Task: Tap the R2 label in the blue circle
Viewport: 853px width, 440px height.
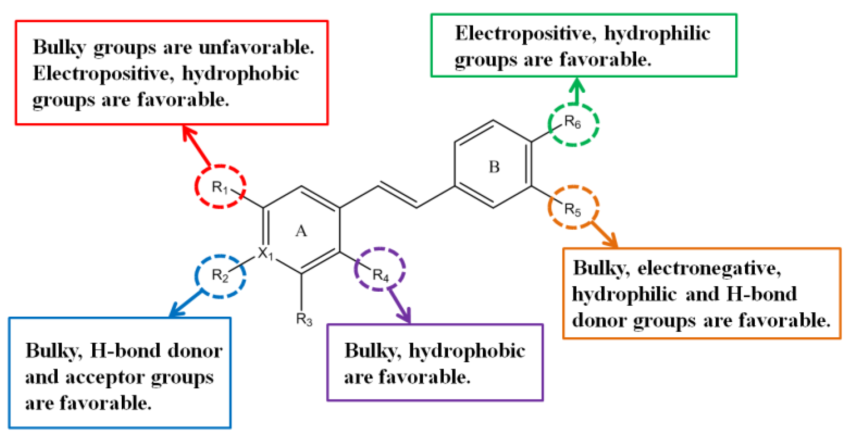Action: point(220,275)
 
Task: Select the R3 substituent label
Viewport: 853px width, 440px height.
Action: point(304,319)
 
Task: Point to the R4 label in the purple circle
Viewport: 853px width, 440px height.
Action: point(380,275)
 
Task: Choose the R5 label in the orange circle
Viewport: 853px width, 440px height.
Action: point(573,209)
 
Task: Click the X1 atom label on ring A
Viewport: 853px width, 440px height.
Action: point(265,253)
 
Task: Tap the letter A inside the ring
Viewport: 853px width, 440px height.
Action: point(301,231)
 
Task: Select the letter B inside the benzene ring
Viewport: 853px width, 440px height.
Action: point(494,167)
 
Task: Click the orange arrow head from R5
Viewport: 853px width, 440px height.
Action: point(612,242)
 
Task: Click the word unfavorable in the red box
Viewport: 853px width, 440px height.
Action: point(256,47)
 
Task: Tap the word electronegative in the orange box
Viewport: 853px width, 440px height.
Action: point(709,268)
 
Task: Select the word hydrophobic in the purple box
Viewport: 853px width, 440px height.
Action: point(467,351)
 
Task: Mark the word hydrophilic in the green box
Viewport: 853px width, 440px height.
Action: point(657,34)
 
